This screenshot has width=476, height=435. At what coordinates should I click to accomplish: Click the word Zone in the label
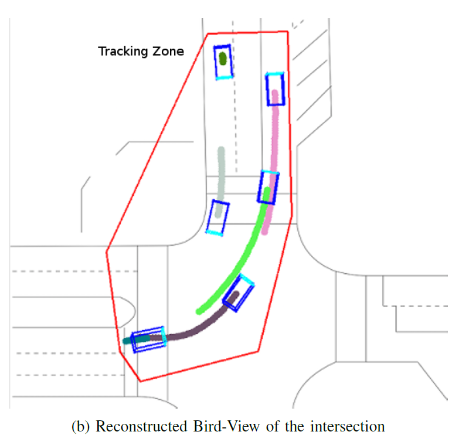[169, 52]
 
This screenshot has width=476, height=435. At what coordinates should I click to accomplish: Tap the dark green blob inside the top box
[223, 58]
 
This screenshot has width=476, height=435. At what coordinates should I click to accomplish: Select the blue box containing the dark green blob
[223, 62]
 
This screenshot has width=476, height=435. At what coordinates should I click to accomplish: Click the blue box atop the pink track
[275, 89]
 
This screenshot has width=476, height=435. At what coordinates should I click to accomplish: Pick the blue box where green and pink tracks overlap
[268, 188]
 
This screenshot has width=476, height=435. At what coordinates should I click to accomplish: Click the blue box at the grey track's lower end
[217, 217]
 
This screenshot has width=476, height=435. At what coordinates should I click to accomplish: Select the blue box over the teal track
[148, 340]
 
